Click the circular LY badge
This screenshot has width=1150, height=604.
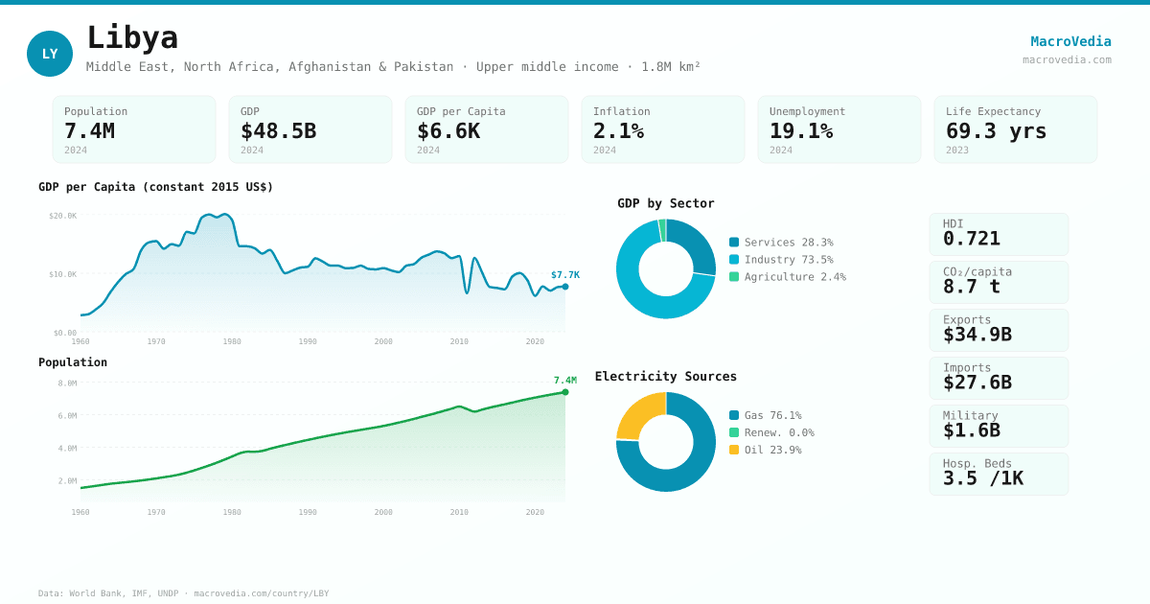pos(50,54)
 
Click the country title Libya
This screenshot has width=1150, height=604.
pos(132,38)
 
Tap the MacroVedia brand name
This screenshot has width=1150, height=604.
pos(1070,41)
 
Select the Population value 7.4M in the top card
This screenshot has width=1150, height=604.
pos(89,131)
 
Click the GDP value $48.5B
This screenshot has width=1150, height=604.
pos(278,131)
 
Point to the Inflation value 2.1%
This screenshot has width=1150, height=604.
pos(618,131)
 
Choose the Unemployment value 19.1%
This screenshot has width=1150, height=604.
pos(801,131)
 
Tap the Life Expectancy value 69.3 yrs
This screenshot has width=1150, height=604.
pos(996,131)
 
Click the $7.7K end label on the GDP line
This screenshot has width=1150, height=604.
pos(564,275)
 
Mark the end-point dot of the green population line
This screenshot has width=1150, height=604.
pos(565,392)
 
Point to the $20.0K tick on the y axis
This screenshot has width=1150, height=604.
pos(63,216)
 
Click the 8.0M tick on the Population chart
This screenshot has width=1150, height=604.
pos(67,383)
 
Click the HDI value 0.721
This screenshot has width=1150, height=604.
pos(971,239)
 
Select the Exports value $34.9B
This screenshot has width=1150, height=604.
pos(977,335)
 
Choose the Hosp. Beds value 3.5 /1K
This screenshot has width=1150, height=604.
pos(982,478)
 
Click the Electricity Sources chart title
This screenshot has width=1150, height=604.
pos(665,377)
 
